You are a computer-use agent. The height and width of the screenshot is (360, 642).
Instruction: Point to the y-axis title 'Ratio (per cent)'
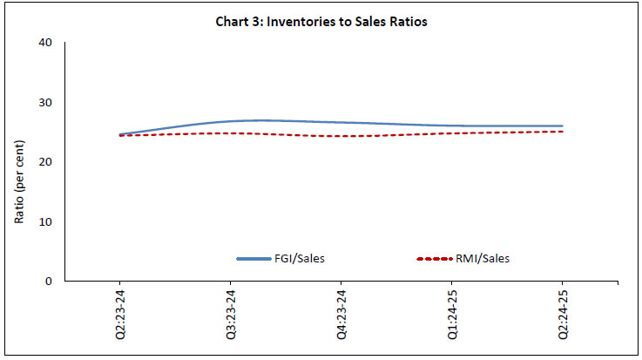(19, 162)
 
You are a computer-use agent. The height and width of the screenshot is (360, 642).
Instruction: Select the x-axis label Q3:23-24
(231, 315)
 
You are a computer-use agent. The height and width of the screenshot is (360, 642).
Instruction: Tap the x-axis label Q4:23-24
(341, 315)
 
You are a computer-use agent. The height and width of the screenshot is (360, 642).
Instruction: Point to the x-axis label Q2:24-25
(562, 315)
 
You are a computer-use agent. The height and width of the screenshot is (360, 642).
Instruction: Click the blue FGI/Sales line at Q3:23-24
(231, 121)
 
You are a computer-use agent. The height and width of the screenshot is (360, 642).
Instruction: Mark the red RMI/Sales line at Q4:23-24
(341, 136)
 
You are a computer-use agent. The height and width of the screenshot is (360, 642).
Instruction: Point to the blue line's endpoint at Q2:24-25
(562, 126)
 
